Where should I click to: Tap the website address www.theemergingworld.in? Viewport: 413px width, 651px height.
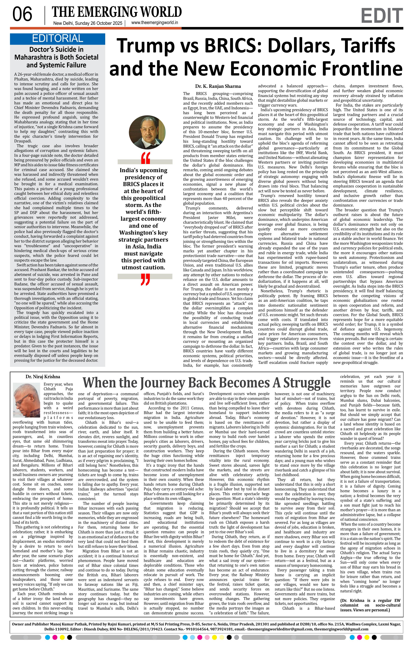[x=154, y=23]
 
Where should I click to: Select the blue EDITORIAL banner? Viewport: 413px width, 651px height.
[x=58, y=39]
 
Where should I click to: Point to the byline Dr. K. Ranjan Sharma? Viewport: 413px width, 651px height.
[x=218, y=86]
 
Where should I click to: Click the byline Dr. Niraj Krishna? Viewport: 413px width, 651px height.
[x=43, y=377]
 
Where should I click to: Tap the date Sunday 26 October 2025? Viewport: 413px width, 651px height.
[x=99, y=23]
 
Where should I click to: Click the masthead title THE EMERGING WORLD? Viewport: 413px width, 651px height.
[x=117, y=12]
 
